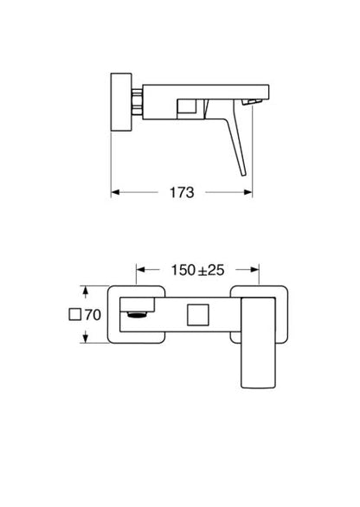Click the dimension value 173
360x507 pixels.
181,193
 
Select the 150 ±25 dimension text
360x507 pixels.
198,269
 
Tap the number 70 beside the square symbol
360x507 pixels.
95,315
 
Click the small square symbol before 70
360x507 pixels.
75,315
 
